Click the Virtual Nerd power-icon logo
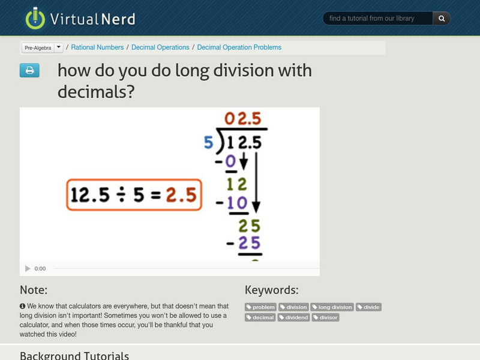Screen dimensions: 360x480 pyautogui.click(x=35, y=18)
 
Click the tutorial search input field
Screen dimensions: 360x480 pyautogui.click(x=378, y=19)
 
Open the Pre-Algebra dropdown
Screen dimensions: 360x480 pyautogui.click(x=42, y=47)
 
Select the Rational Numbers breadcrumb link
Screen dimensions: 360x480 pyautogui.click(x=97, y=47)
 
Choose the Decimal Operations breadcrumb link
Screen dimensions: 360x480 pyautogui.click(x=160, y=47)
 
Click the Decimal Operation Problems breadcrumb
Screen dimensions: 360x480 pyautogui.click(x=239, y=47)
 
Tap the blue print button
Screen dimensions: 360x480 pyautogui.click(x=29, y=71)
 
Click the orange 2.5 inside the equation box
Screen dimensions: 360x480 pyautogui.click(x=181, y=194)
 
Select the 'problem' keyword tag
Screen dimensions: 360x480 pyautogui.click(x=260, y=307)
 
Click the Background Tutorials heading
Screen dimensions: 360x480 pyautogui.click(x=74, y=355)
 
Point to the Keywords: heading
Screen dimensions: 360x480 pyautogui.click(x=271, y=290)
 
